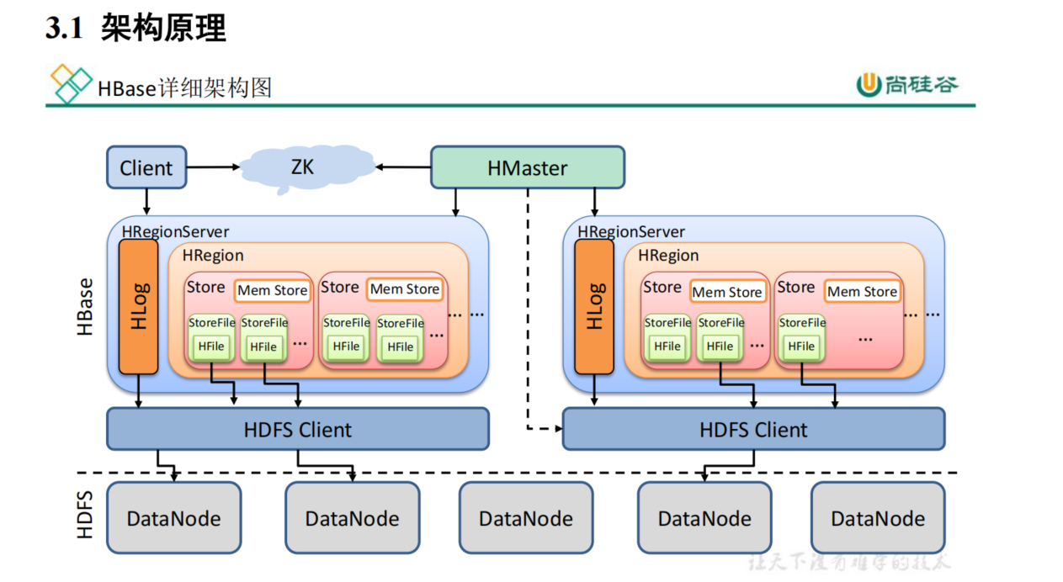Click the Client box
coord(146,167)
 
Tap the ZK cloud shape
coord(302,167)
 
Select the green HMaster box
coord(527,167)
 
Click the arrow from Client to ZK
coord(214,167)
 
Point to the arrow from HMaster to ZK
coord(403,167)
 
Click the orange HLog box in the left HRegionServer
coord(139,307)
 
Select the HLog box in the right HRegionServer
coord(594,307)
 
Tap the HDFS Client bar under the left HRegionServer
coord(297,430)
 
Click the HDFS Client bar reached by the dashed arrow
coord(753,430)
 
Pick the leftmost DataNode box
coord(173,518)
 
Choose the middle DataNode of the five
coord(526,518)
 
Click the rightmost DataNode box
coord(878,518)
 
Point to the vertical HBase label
coord(86,308)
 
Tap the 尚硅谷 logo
coord(907,84)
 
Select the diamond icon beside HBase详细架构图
coord(71,84)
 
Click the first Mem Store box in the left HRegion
coord(272,291)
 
